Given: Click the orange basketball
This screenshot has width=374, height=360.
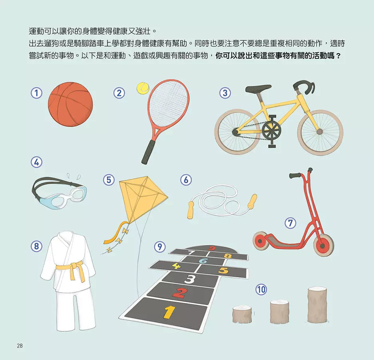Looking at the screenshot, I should pyautogui.click(x=70, y=104).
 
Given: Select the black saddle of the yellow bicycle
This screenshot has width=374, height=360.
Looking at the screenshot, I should pyautogui.click(x=258, y=88).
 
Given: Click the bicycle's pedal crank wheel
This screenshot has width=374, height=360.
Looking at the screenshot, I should pyautogui.click(x=272, y=130).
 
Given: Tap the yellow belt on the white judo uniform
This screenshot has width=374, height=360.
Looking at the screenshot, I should pyautogui.click(x=70, y=267).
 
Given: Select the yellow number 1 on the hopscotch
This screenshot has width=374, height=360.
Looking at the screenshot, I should pyautogui.click(x=169, y=312).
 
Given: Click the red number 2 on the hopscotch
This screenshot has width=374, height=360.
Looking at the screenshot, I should pyautogui.click(x=179, y=293).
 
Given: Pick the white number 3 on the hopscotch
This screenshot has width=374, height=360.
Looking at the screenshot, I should pyautogui.click(x=190, y=278).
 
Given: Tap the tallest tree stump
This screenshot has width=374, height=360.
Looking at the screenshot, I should pyautogui.click(x=317, y=305).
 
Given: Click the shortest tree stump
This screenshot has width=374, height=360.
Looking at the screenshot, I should pyautogui.click(x=242, y=314).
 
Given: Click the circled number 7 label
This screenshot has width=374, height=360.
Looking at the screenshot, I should pyautogui.click(x=290, y=223).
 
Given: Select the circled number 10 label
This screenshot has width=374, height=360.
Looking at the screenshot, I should pyautogui.click(x=261, y=289).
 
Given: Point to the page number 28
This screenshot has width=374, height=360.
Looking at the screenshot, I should pyautogui.click(x=20, y=346).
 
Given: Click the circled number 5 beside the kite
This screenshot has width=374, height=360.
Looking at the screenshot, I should pyautogui.click(x=109, y=180).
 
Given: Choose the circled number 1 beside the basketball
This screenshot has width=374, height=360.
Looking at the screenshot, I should pyautogui.click(x=36, y=93).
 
